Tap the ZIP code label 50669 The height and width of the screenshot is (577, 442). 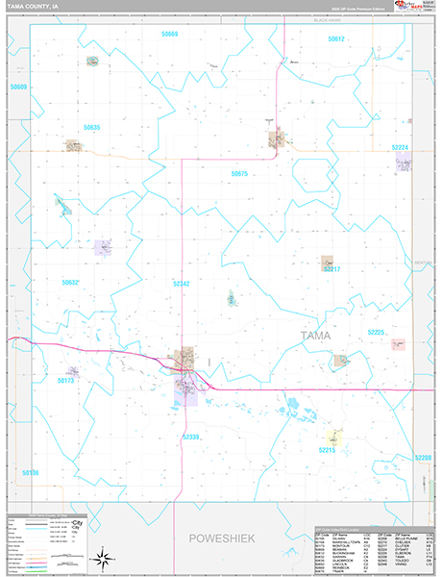170,34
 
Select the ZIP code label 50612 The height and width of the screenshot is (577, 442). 335,38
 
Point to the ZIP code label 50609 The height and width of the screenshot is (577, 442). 18,88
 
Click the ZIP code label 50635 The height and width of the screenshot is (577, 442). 91,127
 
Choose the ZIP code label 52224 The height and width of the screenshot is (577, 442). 401,147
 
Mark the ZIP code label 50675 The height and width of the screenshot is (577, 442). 239,174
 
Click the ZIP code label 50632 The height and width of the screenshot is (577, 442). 70,283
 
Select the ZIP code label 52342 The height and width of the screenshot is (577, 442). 182,284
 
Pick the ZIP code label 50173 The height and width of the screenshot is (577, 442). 65,381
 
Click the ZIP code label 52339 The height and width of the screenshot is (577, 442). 190,437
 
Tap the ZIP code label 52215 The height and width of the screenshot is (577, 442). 328,449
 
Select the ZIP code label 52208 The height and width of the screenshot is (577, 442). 424,458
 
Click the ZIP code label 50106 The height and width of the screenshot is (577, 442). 30,472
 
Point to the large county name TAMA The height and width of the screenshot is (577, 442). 319,336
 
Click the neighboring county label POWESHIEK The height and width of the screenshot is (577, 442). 221,539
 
